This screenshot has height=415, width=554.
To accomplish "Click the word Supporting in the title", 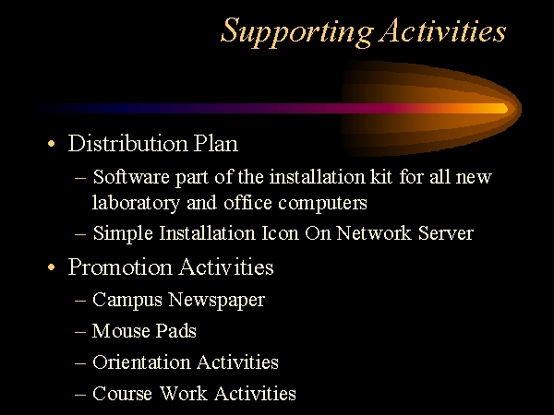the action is coord(297,31).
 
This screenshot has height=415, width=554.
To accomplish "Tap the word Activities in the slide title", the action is coord(443,30).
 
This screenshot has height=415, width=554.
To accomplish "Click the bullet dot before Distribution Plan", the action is coord(52,144).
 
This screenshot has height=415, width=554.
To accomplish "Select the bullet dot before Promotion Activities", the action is coord(52,267).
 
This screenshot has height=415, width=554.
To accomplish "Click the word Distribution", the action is coord(128,143).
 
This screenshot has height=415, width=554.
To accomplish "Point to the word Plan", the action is coord(216,144).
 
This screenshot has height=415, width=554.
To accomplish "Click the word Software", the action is coord(131,176).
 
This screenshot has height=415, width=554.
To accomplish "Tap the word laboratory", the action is coord(136,204).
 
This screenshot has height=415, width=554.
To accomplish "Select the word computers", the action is coord(322,204).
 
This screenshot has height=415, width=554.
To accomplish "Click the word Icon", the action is coord(280,233).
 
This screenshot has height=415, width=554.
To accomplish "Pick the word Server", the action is coord(446,233).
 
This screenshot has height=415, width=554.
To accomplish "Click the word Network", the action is coord(374,233).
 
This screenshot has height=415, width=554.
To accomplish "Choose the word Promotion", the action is coord(120,267).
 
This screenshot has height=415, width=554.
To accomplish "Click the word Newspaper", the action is coord(217,301).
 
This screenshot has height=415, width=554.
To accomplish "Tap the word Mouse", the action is coord(121,331).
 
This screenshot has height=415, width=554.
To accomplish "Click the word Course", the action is coord(122,394).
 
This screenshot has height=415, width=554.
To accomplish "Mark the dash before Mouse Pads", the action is coord(80,332).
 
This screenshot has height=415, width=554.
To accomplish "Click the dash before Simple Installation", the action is coord(80,234).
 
